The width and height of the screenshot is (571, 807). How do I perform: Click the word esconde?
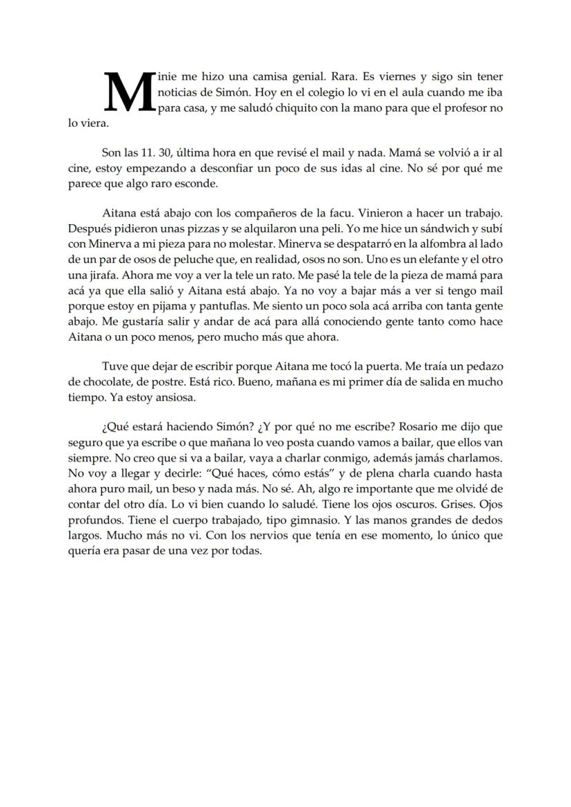click(x=197, y=184)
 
